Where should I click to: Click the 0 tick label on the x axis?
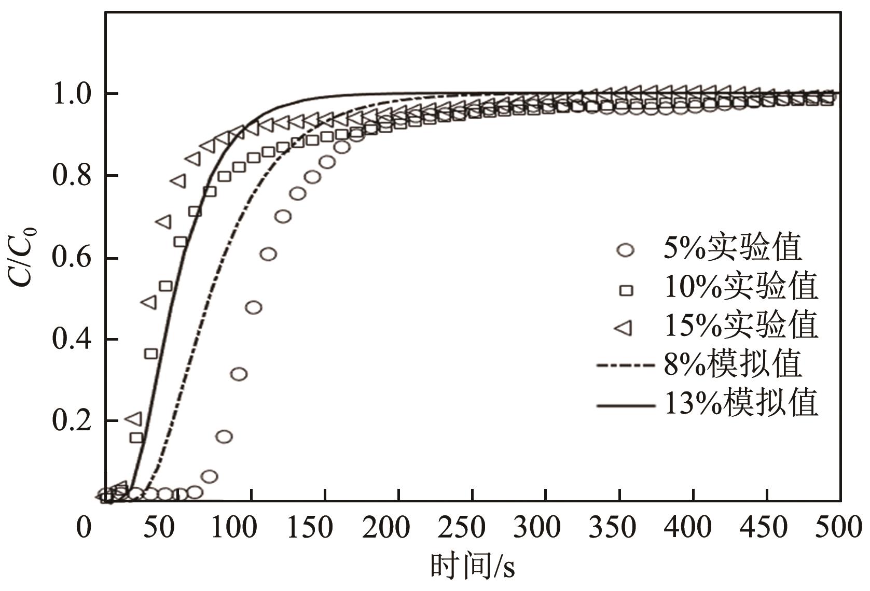(x=84, y=527)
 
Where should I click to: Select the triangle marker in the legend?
(x=624, y=328)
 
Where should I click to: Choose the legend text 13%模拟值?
(x=741, y=403)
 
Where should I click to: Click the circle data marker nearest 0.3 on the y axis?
(x=239, y=374)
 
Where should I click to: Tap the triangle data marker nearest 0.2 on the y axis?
(x=134, y=418)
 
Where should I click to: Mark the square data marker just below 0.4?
(x=151, y=354)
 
